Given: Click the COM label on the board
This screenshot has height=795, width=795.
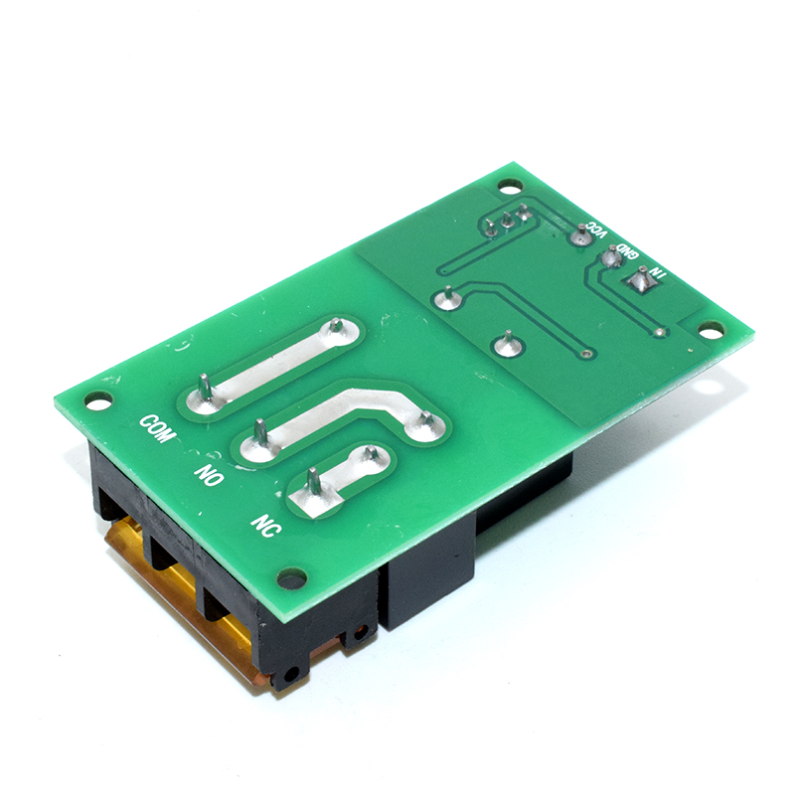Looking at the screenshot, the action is [158, 428].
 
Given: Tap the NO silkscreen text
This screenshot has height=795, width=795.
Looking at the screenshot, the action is [209, 475].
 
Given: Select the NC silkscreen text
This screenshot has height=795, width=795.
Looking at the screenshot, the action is [265, 526].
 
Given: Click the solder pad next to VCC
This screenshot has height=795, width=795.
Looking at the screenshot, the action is [581, 236].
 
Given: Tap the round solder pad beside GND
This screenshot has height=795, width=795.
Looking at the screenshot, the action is [611, 258].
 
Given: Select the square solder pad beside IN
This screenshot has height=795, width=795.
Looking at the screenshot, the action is [641, 283].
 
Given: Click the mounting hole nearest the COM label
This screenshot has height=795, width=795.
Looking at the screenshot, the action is [98, 401].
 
